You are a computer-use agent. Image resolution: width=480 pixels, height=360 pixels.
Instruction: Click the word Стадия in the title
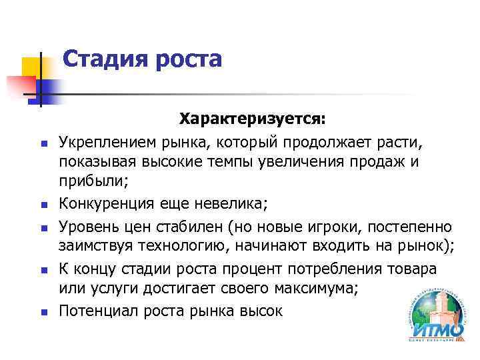coord(106,59)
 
